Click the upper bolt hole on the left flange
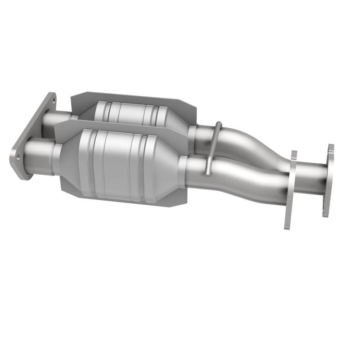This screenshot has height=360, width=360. coord(50,102)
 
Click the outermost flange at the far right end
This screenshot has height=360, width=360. coord(328,180)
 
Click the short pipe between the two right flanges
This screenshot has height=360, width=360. coord(310,180)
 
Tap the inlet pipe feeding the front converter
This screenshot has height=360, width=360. coord(40,155)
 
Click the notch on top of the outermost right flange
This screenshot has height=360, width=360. coord(331,146)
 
